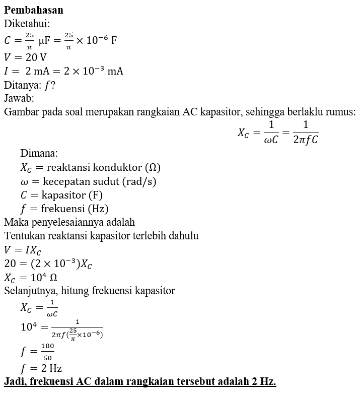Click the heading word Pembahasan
[x=33, y=10]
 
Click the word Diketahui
[x=26, y=23]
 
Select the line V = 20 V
[x=25, y=56]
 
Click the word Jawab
[x=19, y=98]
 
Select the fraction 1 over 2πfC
[x=305, y=132]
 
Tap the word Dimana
[x=39, y=153]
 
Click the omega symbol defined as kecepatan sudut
[x=25, y=181]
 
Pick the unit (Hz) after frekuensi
[x=98, y=209]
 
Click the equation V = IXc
[x=22, y=249]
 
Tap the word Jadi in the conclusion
[x=15, y=381]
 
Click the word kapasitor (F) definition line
[x=65, y=195]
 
